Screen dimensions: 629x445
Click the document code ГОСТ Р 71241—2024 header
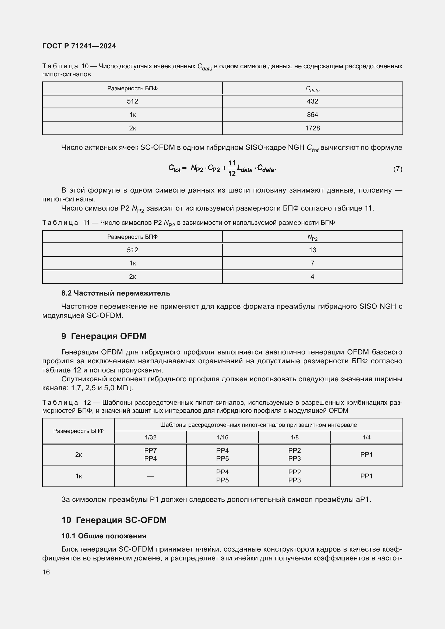click(x=79, y=46)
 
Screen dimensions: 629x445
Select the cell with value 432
click(x=312, y=101)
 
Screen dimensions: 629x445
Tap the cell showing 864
click(x=312, y=115)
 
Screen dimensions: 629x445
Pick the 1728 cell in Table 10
click(x=312, y=128)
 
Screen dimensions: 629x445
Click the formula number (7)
click(x=398, y=169)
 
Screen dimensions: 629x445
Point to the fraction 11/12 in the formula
click(x=232, y=168)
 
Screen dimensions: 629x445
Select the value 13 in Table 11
click(x=312, y=250)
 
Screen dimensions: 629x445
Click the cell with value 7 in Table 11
click(x=312, y=263)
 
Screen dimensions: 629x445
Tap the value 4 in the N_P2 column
click(x=312, y=277)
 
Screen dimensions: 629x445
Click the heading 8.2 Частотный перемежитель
click(x=116, y=293)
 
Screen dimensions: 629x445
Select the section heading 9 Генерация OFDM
click(x=104, y=336)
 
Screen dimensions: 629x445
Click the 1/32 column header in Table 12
click(x=150, y=437)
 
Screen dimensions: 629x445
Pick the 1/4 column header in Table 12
click(x=366, y=437)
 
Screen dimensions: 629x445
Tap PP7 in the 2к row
click(x=150, y=450)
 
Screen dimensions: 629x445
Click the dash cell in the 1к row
click(x=150, y=477)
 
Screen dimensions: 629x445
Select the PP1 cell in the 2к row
click(x=366, y=454)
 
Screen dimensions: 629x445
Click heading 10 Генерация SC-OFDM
click(x=114, y=520)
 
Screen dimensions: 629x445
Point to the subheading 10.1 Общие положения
click(x=104, y=536)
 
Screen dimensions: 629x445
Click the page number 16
click(x=46, y=572)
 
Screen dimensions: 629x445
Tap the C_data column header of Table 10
click(x=312, y=89)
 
